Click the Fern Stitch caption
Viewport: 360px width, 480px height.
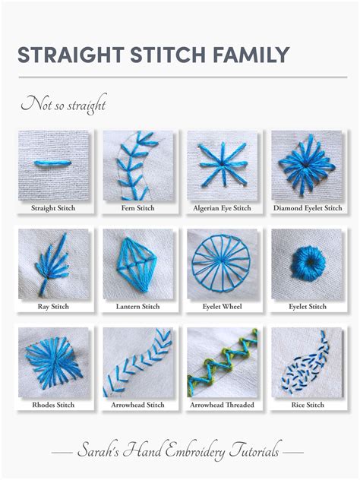point(136,207)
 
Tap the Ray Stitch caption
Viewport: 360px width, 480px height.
point(52,306)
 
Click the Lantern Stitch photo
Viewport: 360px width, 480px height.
point(136,261)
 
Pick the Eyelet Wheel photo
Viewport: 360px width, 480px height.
point(221,261)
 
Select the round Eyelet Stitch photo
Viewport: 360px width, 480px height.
point(306,261)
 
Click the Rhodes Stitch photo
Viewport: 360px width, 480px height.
point(52,360)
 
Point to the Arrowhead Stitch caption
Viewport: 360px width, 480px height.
point(136,405)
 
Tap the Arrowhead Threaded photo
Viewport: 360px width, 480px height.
point(221,360)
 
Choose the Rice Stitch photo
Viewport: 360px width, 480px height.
point(306,360)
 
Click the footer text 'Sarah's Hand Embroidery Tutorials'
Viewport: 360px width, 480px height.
point(180,452)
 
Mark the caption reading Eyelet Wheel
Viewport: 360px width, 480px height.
point(221,306)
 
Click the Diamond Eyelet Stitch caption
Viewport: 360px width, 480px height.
point(306,207)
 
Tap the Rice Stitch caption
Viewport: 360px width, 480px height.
point(306,405)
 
